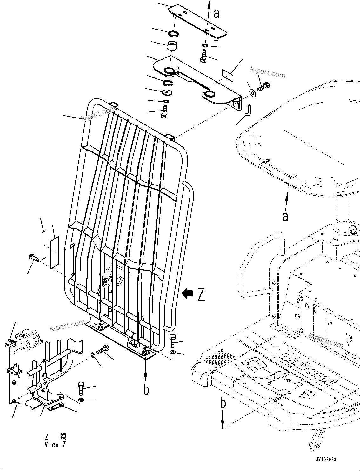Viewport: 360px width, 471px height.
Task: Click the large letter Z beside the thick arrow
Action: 201,294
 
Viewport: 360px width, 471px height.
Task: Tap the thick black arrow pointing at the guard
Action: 188,294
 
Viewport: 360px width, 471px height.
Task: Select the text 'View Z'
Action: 55,445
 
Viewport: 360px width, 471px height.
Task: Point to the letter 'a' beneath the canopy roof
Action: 286,217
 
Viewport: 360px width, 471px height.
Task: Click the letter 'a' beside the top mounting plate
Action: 217,13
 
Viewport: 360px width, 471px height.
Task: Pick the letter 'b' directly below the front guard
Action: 146,389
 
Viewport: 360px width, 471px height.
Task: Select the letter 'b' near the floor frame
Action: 223,403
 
